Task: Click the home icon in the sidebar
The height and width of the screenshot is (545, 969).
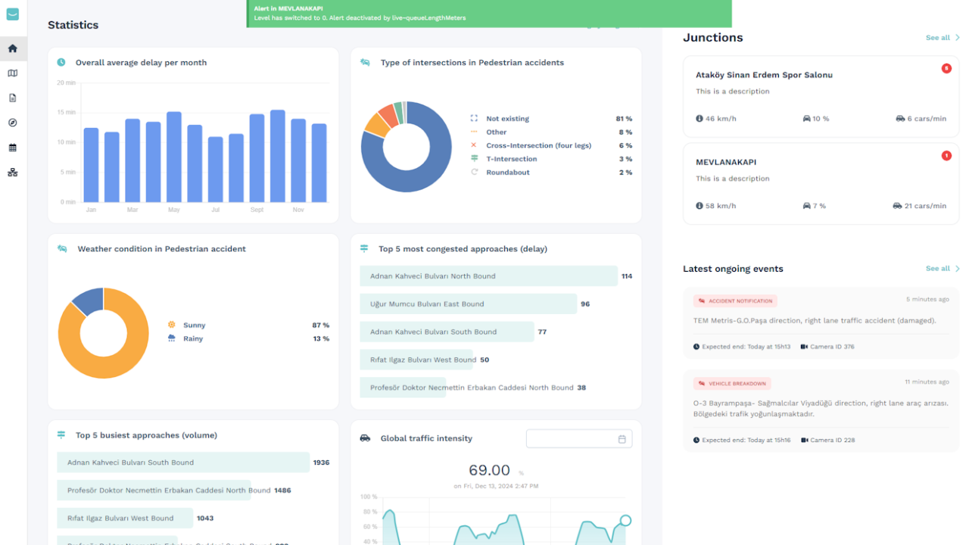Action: (12, 48)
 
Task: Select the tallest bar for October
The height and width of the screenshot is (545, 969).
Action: (278, 156)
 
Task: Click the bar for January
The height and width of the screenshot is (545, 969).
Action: (91, 165)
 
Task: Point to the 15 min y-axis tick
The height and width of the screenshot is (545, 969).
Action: (67, 112)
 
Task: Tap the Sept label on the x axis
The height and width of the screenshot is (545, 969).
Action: (257, 210)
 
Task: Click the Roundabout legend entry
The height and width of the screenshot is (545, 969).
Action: (507, 173)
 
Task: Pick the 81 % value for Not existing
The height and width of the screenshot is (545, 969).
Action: (624, 119)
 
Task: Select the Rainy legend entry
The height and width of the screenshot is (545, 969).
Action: (193, 338)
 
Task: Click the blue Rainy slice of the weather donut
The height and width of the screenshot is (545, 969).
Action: (87, 302)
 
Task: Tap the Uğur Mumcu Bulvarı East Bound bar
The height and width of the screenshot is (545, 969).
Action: (468, 304)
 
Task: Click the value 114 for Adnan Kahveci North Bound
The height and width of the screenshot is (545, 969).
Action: (627, 276)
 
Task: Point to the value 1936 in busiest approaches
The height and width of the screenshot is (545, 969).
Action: (321, 462)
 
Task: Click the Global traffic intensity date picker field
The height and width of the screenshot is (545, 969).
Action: (578, 439)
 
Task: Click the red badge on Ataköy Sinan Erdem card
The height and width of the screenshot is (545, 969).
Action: (946, 68)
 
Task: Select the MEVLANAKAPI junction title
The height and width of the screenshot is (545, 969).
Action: (726, 162)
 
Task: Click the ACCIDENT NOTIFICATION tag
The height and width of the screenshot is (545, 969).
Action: (735, 301)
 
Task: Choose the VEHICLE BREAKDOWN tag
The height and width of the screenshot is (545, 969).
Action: (732, 384)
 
